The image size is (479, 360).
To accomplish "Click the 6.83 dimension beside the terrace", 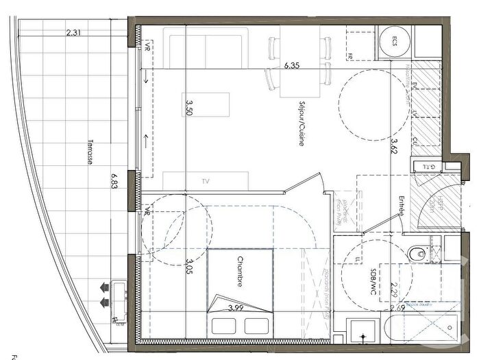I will click(x=114, y=184).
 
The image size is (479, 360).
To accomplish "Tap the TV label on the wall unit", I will click(x=205, y=181).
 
